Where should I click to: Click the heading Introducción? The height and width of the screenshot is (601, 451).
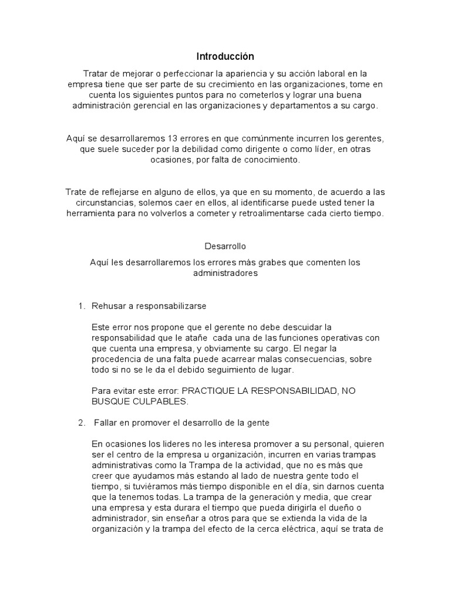(225, 56)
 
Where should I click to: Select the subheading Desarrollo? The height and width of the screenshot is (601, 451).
(225, 247)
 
